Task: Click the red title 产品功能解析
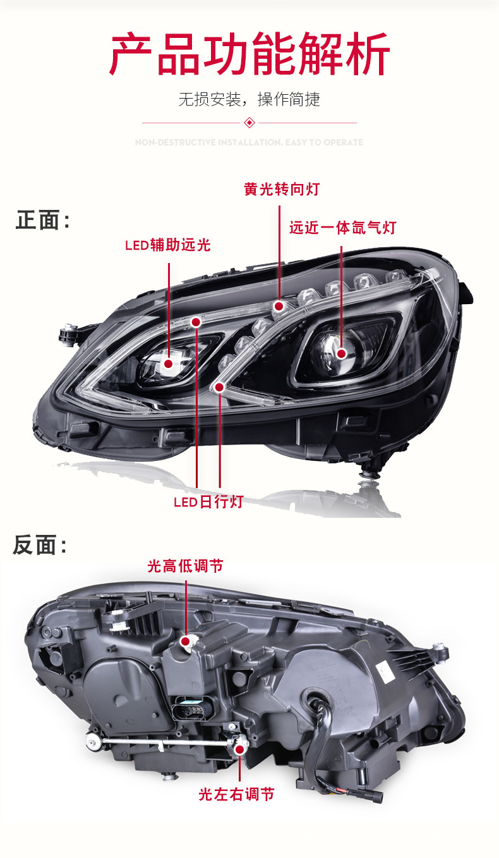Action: pyautogui.click(x=249, y=56)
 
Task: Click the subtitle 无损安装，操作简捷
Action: pyautogui.click(x=249, y=99)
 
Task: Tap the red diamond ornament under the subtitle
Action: pyautogui.click(x=249, y=122)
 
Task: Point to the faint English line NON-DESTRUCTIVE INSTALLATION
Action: pyautogui.click(x=249, y=143)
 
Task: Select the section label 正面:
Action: pyautogui.click(x=42, y=221)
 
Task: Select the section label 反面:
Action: pyautogui.click(x=39, y=545)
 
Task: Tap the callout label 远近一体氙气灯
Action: pyautogui.click(x=342, y=228)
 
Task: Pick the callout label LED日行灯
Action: pyautogui.click(x=208, y=503)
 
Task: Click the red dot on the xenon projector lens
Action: pyautogui.click(x=342, y=353)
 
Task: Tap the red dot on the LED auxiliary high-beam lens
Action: pyautogui.click(x=169, y=363)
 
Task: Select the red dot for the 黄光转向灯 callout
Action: pyautogui.click(x=278, y=307)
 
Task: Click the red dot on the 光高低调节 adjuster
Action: pyautogui.click(x=186, y=642)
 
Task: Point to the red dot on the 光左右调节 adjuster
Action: pyautogui.click(x=240, y=749)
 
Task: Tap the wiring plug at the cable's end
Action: pyautogui.click(x=377, y=798)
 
